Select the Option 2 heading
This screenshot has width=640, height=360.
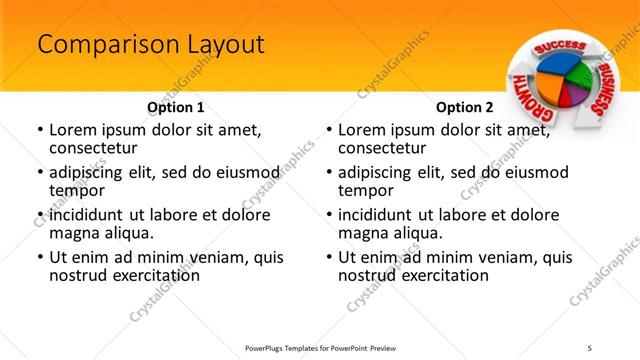click(465, 106)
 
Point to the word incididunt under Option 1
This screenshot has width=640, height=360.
click(88, 215)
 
